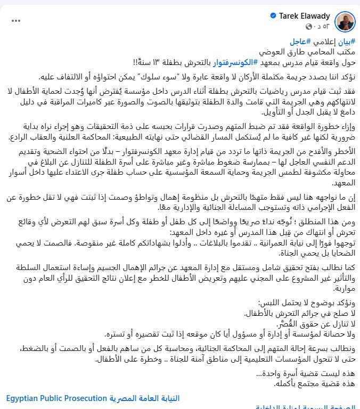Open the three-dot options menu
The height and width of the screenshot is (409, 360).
pyautogui.click(x=17, y=21)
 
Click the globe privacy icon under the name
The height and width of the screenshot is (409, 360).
pyautogui.click(x=308, y=27)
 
